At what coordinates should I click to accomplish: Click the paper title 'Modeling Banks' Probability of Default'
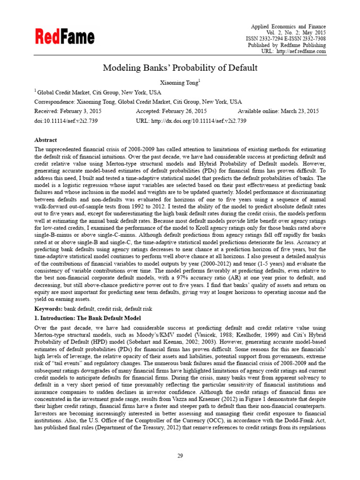coord(180,67)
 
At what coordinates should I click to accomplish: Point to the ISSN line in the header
coord(286,39)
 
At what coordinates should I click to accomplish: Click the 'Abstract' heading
coord(45,140)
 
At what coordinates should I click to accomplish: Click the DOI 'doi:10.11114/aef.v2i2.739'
coord(66,120)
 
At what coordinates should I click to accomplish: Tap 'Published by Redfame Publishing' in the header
coord(286,45)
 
